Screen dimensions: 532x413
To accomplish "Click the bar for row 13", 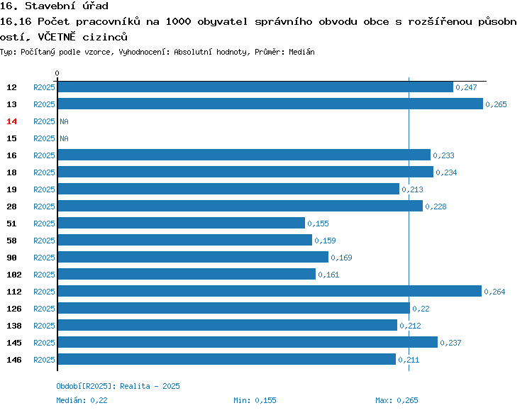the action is [x=270, y=104].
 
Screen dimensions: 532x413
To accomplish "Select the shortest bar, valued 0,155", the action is [x=182, y=223].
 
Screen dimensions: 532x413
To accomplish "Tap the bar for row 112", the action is [x=270, y=291].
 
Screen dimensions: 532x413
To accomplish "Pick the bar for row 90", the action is [x=193, y=257].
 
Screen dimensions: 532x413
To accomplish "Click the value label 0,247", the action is [x=466, y=87].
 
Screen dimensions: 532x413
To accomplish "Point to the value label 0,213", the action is [x=412, y=189].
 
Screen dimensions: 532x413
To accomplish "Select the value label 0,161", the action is [x=328, y=275].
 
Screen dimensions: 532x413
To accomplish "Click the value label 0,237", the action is [x=450, y=343].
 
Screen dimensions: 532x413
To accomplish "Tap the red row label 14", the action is [x=11, y=121].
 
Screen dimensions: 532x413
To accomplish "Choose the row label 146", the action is [x=14, y=360].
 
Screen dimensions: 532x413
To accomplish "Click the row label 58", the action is [x=11, y=241].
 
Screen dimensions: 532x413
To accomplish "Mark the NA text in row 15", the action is [x=64, y=138].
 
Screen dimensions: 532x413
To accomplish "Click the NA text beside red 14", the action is [x=64, y=121].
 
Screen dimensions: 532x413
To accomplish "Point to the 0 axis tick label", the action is [x=57, y=73].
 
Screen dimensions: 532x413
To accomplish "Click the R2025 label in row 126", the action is [x=44, y=309].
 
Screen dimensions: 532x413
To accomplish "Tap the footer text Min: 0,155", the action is [x=255, y=400].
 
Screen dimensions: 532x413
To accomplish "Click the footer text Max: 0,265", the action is [x=397, y=400].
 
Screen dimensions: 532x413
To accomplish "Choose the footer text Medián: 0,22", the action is [x=82, y=400].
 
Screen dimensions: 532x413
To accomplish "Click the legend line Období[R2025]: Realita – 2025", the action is [x=118, y=386].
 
